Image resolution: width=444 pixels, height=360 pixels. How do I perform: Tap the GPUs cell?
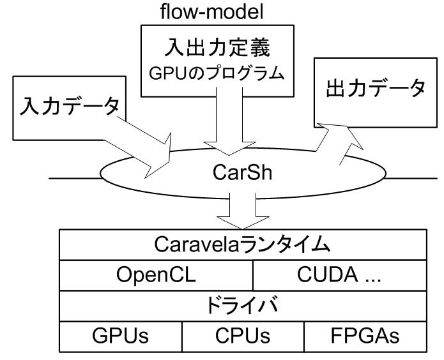tap(121, 335)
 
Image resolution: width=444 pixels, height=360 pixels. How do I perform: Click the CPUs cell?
tap(243, 335)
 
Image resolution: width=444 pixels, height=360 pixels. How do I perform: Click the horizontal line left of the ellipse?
tap(77, 177)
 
